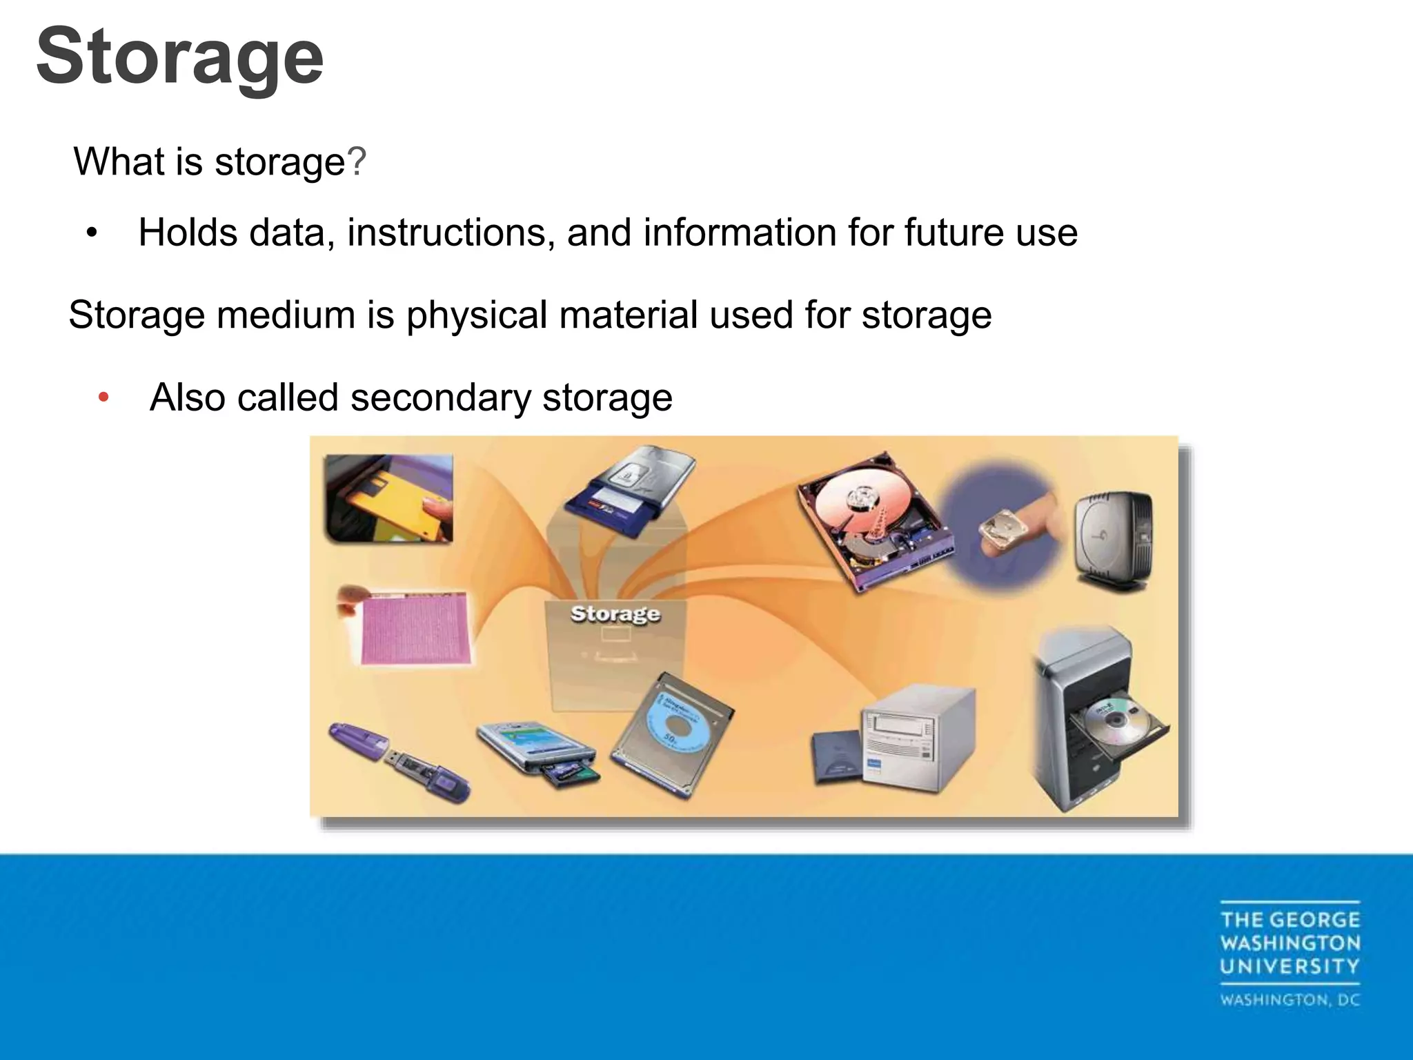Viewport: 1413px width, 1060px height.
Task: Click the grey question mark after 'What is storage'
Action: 357,162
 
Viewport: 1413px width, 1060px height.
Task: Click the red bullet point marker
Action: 103,397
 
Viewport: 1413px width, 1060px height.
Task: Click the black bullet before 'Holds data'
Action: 92,233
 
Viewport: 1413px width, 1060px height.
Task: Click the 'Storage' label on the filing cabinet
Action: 615,614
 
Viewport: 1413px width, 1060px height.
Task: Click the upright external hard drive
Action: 1113,538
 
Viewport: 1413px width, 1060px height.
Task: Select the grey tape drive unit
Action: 918,738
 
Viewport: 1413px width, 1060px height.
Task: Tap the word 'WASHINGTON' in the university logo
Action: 1290,943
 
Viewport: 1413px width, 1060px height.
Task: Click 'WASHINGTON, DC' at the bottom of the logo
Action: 1290,1000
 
